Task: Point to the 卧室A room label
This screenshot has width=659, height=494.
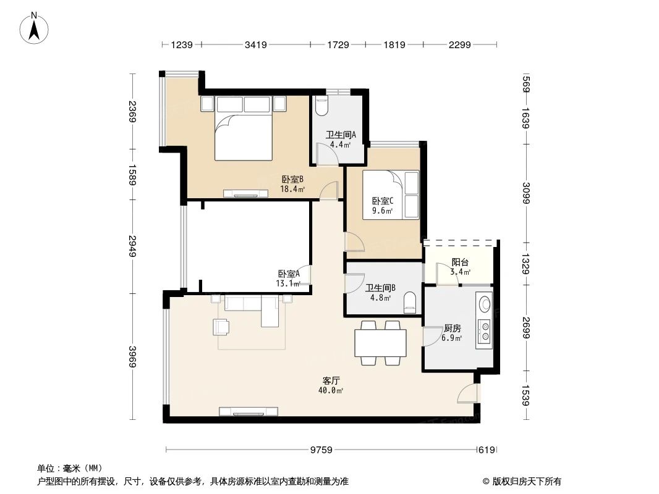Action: [289, 274]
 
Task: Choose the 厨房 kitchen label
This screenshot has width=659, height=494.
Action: [453, 329]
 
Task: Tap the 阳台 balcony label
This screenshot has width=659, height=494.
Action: [460, 262]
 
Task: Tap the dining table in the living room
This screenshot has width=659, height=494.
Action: [380, 343]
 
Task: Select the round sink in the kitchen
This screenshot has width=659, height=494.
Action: [484, 304]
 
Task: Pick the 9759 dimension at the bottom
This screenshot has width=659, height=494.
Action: [321, 450]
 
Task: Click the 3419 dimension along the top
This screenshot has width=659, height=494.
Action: [255, 44]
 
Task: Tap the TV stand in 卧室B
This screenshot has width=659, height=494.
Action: [246, 193]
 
